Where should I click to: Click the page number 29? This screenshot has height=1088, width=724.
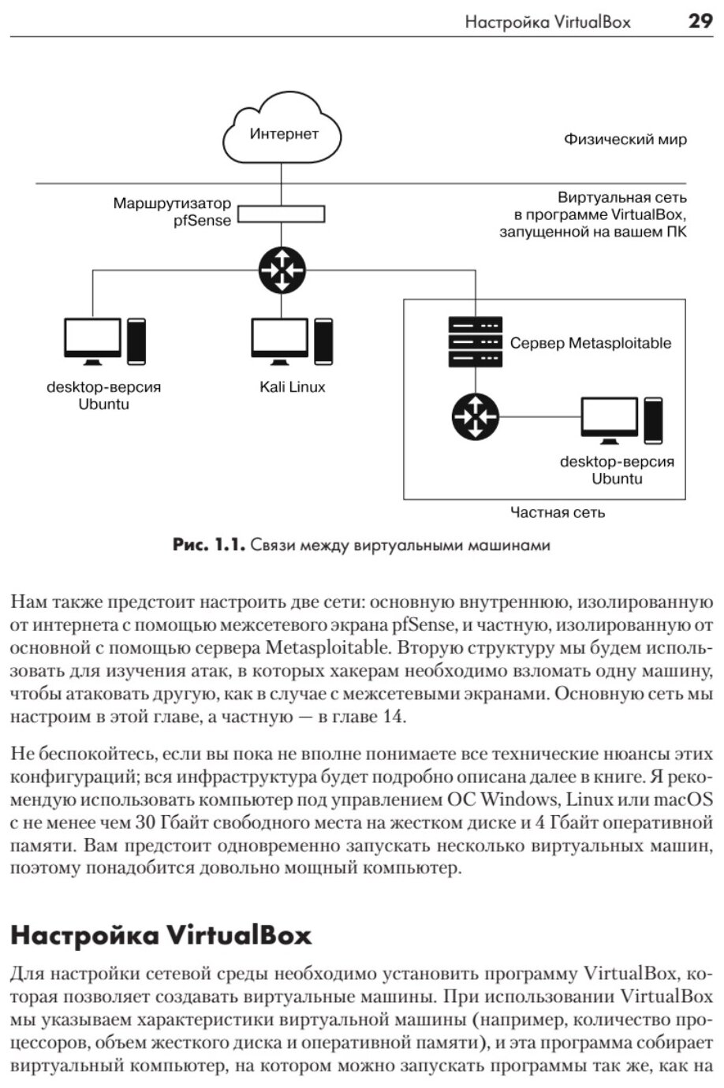click(x=700, y=21)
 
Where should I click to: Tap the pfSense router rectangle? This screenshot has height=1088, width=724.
click(x=281, y=214)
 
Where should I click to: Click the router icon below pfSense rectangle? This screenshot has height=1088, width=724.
click(x=281, y=270)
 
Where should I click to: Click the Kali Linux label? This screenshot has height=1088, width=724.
click(x=292, y=387)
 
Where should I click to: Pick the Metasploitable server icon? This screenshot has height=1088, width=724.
click(x=475, y=341)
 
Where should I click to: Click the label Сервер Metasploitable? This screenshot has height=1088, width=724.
click(x=590, y=343)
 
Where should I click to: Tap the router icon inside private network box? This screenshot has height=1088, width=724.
click(x=475, y=416)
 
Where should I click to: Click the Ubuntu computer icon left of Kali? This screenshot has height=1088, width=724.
click(x=104, y=341)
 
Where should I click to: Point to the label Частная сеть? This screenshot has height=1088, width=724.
click(x=557, y=512)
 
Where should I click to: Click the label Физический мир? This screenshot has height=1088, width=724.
click(x=625, y=140)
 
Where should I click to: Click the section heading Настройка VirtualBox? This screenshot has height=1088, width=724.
click(x=161, y=935)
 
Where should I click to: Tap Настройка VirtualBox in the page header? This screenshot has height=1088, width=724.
click(x=547, y=22)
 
